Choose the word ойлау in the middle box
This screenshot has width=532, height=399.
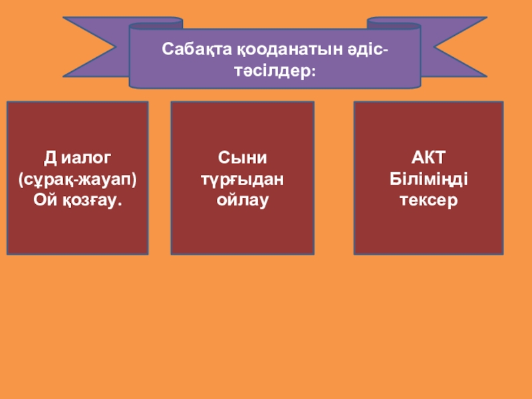click(x=242, y=199)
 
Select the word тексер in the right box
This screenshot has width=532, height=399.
click(x=428, y=199)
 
